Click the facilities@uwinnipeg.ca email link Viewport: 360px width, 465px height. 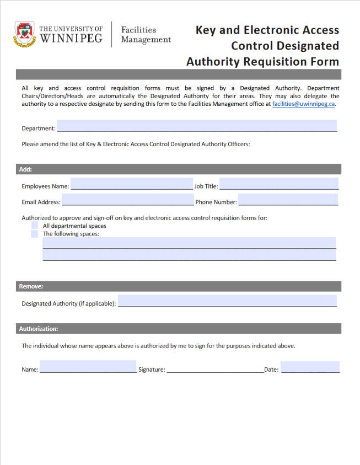point(304,104)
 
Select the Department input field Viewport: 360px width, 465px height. point(196,126)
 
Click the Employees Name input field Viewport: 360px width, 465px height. point(131,184)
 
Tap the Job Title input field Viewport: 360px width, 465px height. point(278,184)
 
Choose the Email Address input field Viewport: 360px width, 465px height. point(127,200)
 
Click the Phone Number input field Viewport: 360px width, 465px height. point(288,200)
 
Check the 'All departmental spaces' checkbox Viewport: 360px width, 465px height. point(35,226)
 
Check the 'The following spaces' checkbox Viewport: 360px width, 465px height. point(35,233)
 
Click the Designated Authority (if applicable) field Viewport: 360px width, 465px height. point(227,301)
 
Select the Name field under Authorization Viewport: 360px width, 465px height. point(88,367)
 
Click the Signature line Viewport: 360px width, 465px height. point(214,368)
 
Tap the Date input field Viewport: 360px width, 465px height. point(310,367)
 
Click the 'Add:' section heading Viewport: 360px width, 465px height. point(25,169)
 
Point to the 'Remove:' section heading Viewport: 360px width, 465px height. point(31,286)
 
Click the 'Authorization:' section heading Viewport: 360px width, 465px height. point(39,329)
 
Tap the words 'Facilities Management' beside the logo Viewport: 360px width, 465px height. point(146,34)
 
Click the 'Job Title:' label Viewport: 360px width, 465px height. point(206,186)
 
